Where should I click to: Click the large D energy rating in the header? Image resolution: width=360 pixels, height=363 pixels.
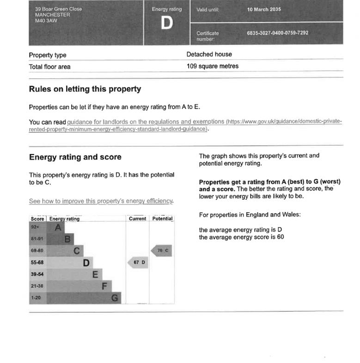click(x=166, y=23)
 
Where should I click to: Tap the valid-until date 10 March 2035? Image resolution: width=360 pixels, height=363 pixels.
click(x=264, y=10)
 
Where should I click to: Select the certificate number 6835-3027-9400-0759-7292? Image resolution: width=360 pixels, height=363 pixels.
click(x=277, y=33)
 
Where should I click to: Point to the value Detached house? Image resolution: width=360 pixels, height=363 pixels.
click(x=209, y=55)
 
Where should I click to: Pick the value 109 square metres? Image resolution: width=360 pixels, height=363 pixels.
click(x=213, y=66)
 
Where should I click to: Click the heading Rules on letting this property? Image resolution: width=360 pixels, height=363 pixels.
click(x=85, y=89)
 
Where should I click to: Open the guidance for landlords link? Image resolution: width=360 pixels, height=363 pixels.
click(x=146, y=122)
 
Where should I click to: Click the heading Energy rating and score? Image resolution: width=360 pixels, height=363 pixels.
click(x=75, y=157)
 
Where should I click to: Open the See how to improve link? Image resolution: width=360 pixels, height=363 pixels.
click(x=101, y=201)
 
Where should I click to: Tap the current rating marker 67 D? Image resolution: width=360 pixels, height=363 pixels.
click(x=138, y=263)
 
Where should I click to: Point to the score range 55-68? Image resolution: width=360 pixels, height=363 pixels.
click(x=37, y=263)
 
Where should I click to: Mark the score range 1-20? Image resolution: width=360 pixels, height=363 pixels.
click(x=36, y=298)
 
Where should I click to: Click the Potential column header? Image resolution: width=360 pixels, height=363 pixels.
click(x=162, y=219)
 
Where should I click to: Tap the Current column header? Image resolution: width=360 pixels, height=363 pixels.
click(x=137, y=219)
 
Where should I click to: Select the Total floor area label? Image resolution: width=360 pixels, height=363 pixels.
click(x=50, y=67)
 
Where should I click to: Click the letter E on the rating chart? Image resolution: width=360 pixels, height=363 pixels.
click(x=95, y=275)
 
